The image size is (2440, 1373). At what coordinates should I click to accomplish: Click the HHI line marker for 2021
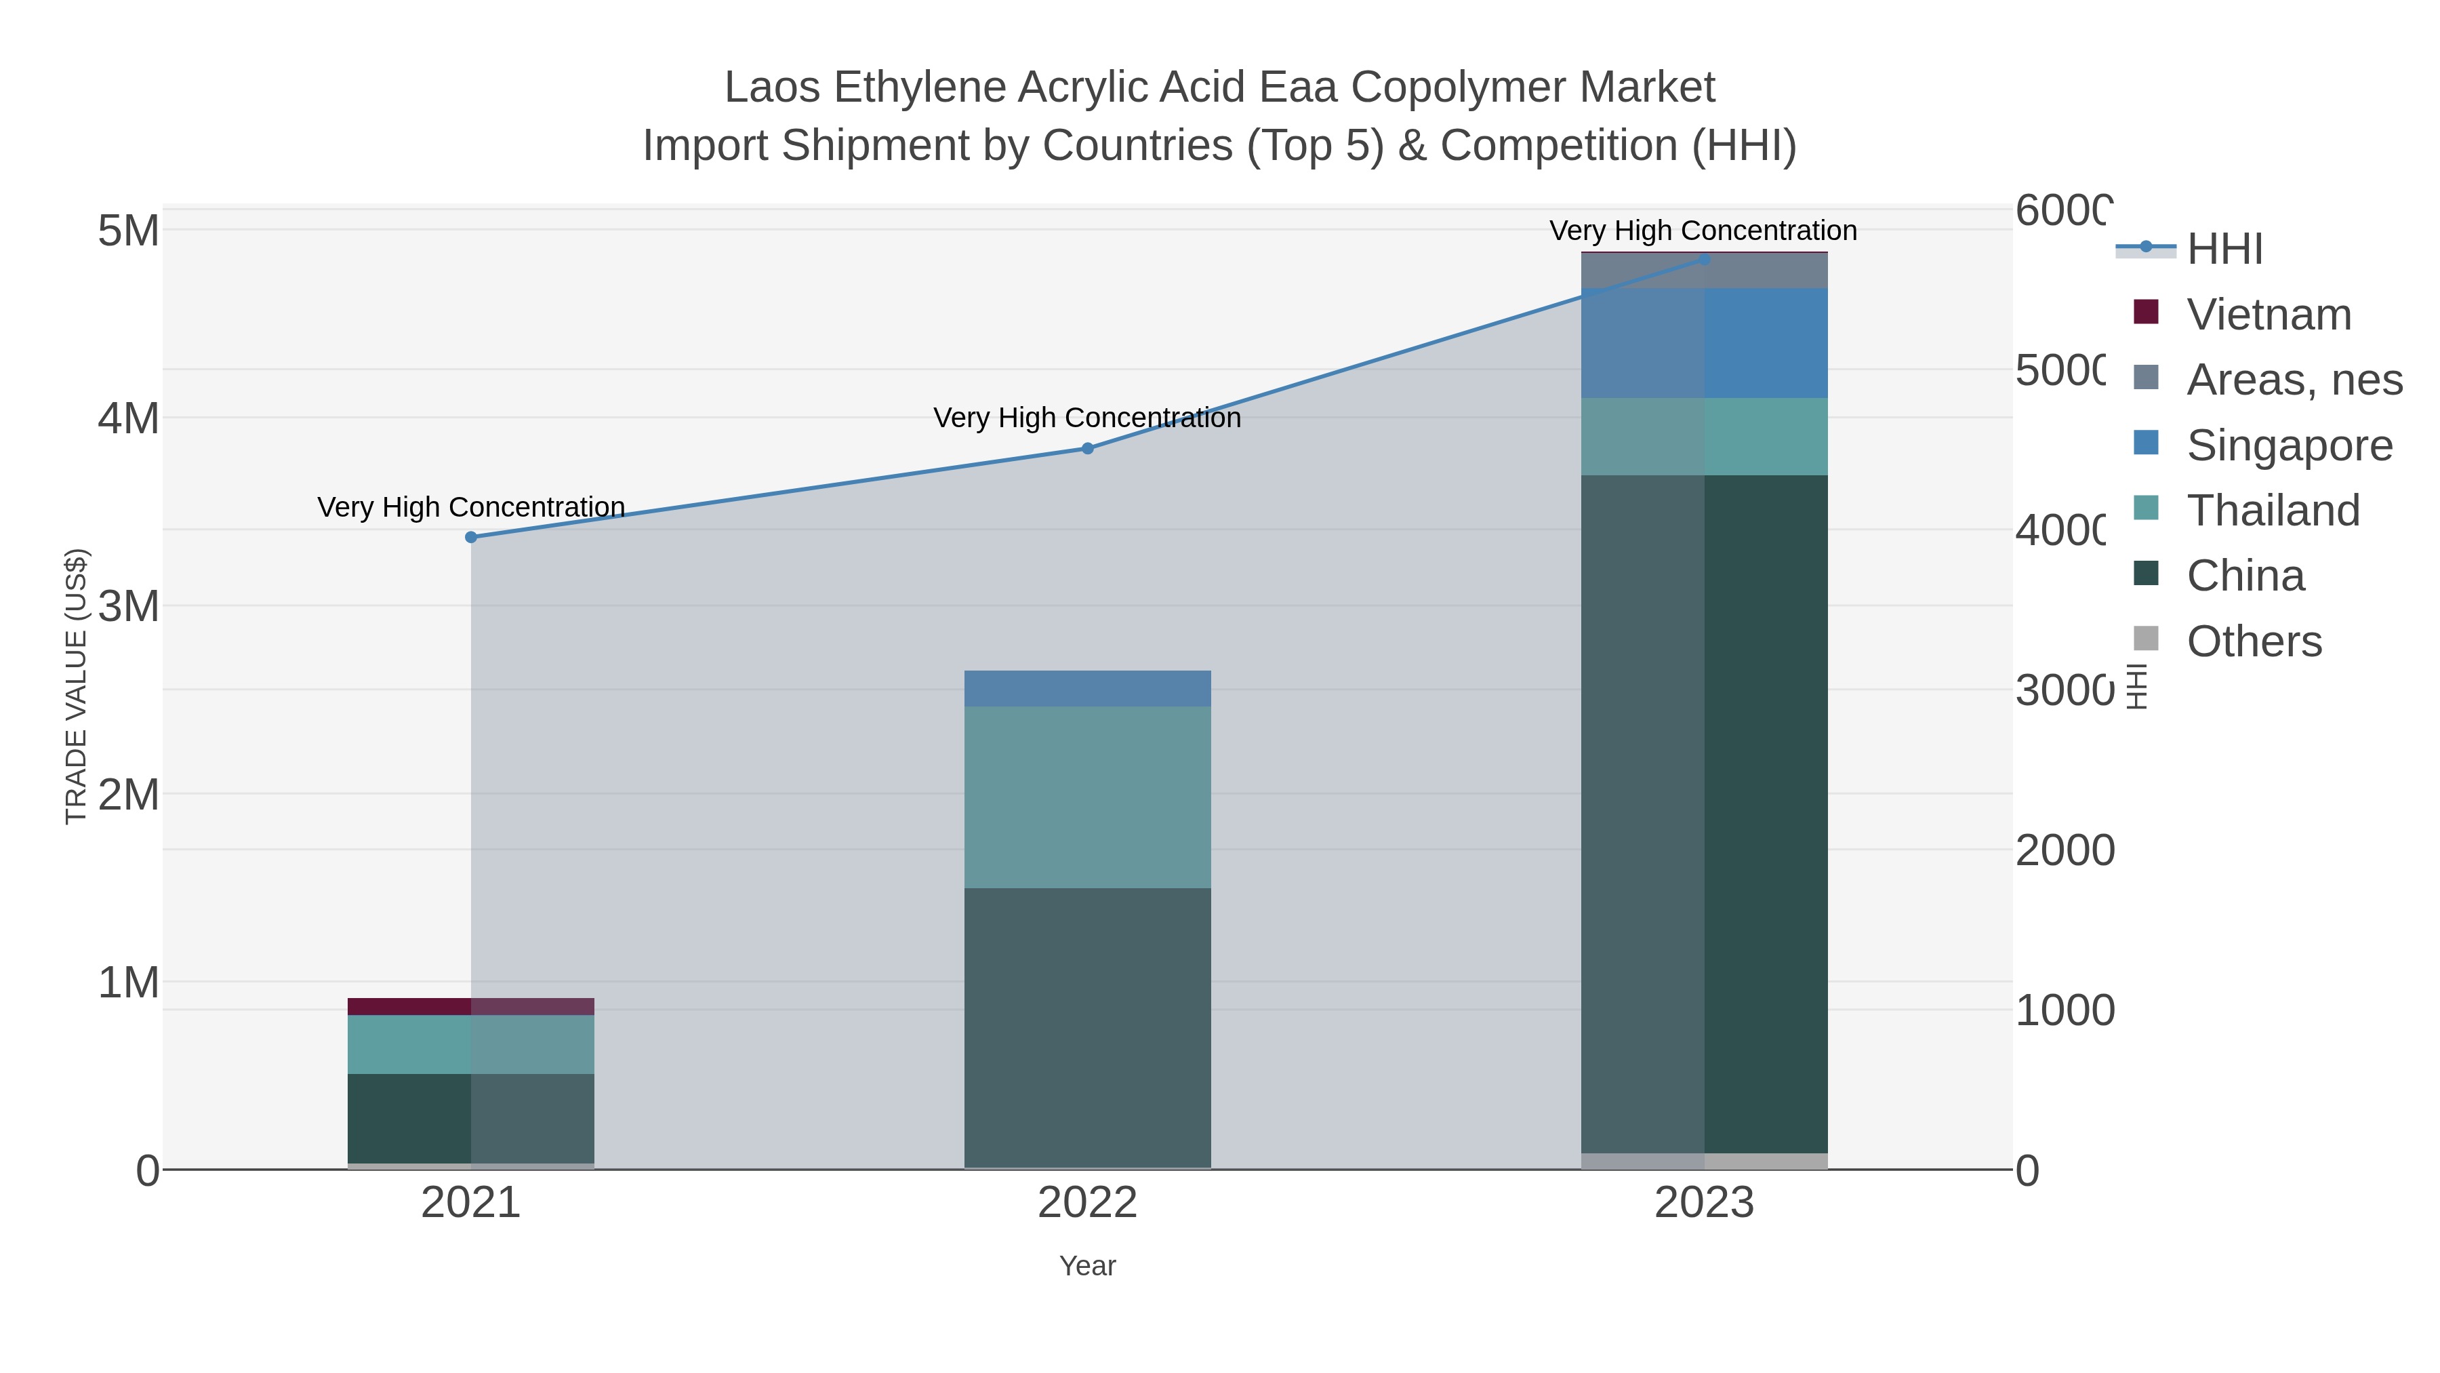[x=471, y=537]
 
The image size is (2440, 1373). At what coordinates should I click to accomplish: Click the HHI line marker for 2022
[x=1087, y=448]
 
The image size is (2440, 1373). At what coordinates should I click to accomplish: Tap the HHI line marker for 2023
[x=1704, y=259]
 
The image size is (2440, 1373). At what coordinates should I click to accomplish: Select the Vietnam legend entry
[x=2269, y=315]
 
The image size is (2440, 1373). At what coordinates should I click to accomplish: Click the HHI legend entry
[x=2224, y=250]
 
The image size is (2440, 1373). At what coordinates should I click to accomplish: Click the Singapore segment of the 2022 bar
[x=1087, y=689]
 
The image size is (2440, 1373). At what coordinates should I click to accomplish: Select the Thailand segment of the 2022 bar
[x=1087, y=797]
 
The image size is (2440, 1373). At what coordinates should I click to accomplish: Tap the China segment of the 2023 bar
[x=1704, y=815]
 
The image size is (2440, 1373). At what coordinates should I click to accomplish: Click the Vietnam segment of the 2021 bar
[x=471, y=1006]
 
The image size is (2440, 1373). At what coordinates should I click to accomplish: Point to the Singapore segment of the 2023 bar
[x=1704, y=343]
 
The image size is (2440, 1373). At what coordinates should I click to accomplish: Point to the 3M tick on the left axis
[x=129, y=606]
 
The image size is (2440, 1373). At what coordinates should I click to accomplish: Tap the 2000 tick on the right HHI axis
[x=2064, y=851]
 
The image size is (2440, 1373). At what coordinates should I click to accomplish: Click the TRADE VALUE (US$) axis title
[x=76, y=686]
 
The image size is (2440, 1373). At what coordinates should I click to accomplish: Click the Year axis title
[x=1087, y=1266]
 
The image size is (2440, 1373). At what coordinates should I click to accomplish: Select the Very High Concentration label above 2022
[x=1087, y=418]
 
